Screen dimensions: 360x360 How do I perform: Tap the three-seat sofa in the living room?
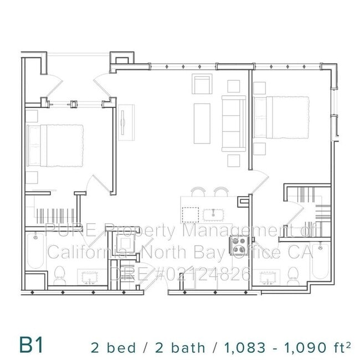click(x=233, y=123)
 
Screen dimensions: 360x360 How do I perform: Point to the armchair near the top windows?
click(x=202, y=85)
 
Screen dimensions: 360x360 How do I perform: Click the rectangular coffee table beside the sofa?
click(x=202, y=123)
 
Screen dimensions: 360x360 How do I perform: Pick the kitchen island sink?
click(x=210, y=214)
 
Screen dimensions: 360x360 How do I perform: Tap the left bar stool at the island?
click(x=198, y=192)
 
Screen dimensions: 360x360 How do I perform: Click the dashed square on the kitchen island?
click(x=191, y=214)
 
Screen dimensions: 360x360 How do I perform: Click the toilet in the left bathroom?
click(x=60, y=275)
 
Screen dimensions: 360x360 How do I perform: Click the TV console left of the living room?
click(x=124, y=120)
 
